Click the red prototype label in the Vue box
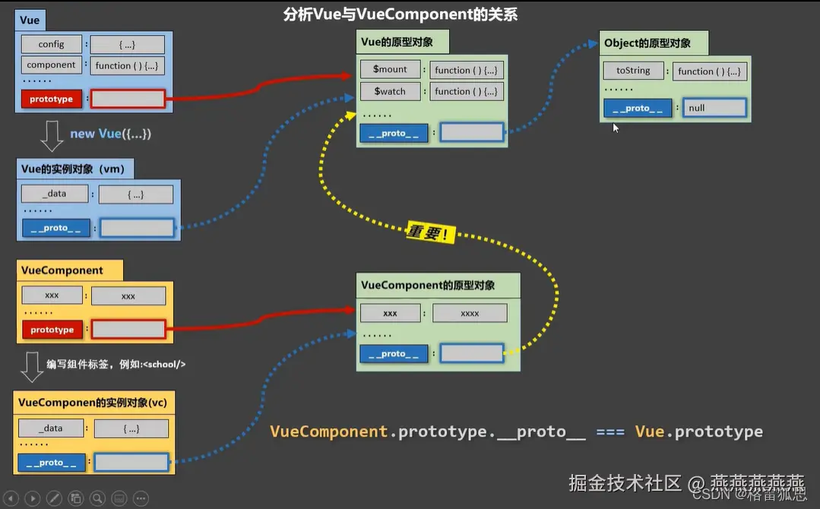[x=52, y=99]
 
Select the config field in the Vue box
[x=52, y=44]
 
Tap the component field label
[x=52, y=65]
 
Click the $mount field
[x=390, y=69]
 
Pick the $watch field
[x=390, y=91]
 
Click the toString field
[x=633, y=71]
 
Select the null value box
[x=714, y=108]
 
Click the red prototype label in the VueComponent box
[x=52, y=330]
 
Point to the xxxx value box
[x=470, y=313]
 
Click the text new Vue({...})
[x=111, y=134]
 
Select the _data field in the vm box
[x=54, y=194]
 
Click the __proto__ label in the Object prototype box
[x=638, y=108]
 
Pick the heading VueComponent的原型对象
[x=428, y=285]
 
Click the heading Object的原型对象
[x=647, y=43]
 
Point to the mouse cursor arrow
[x=616, y=128]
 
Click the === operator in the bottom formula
[x=610, y=432]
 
